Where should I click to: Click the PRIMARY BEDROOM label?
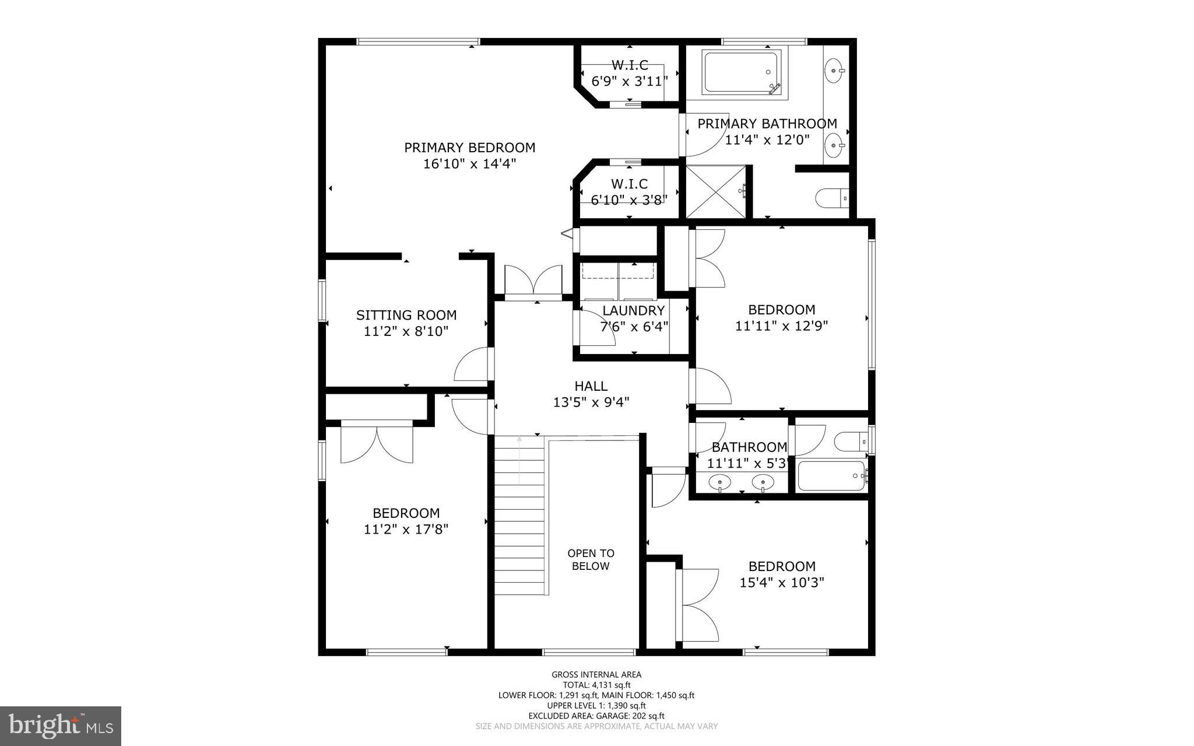(469, 148)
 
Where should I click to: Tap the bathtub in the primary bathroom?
(742, 73)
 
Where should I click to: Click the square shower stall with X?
(715, 192)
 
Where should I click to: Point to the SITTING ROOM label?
(406, 316)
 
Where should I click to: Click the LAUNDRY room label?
(634, 311)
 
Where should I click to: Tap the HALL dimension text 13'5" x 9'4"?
(591, 402)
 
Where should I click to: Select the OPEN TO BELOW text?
(591, 559)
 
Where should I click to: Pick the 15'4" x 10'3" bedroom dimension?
(782, 583)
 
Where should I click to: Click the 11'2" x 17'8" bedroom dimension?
(406, 530)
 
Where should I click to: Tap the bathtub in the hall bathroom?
(831, 476)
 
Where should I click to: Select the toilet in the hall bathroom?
(852, 442)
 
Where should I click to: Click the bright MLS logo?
(61, 726)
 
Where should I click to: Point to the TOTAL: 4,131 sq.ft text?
(596, 685)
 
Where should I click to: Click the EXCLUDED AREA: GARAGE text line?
(596, 716)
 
